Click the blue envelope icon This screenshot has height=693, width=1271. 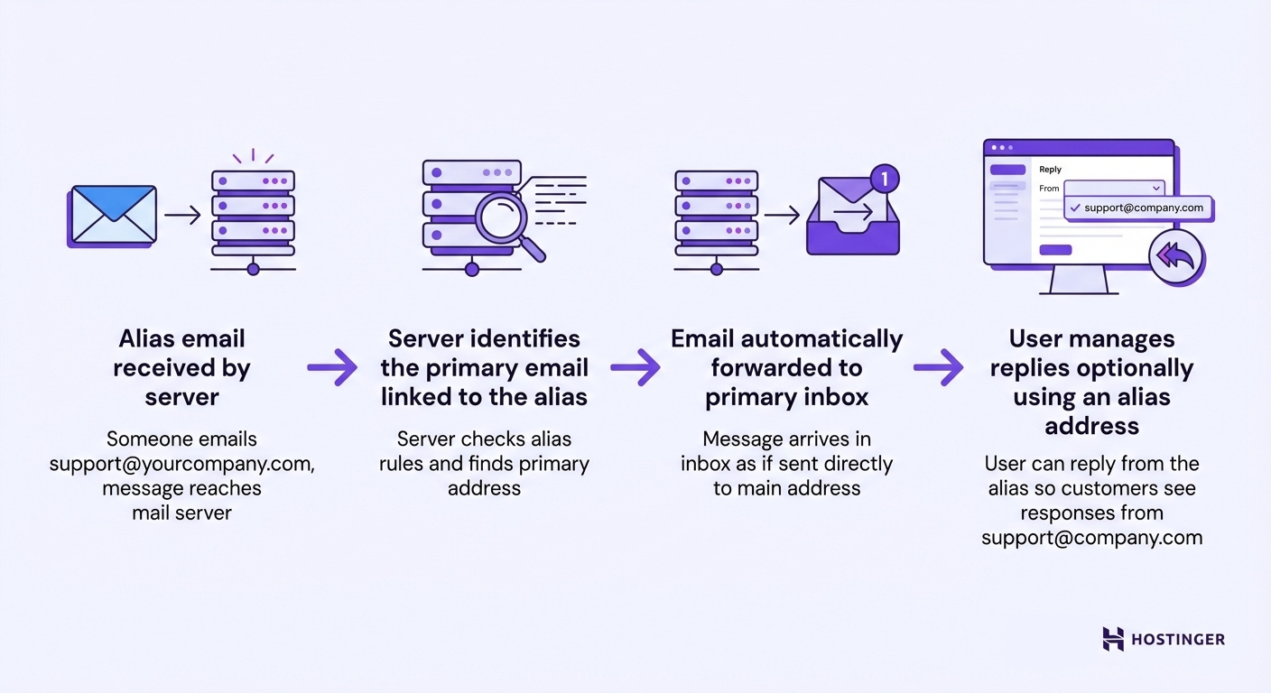(113, 215)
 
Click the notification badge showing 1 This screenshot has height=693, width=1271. (885, 179)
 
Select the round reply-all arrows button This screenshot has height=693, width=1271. (1176, 257)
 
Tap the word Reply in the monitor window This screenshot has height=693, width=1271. (1050, 170)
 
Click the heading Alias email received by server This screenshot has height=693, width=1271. (181, 368)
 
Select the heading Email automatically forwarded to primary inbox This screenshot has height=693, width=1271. (786, 368)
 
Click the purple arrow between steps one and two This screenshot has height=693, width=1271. (332, 367)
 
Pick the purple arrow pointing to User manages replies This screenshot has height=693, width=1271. (939, 367)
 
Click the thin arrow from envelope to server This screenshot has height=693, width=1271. (182, 215)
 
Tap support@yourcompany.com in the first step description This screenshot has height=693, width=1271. (182, 464)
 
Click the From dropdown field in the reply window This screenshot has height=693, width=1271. (1114, 188)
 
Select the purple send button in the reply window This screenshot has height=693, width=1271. (1055, 250)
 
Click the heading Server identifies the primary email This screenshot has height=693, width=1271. (484, 368)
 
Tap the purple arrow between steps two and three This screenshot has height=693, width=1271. (635, 367)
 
